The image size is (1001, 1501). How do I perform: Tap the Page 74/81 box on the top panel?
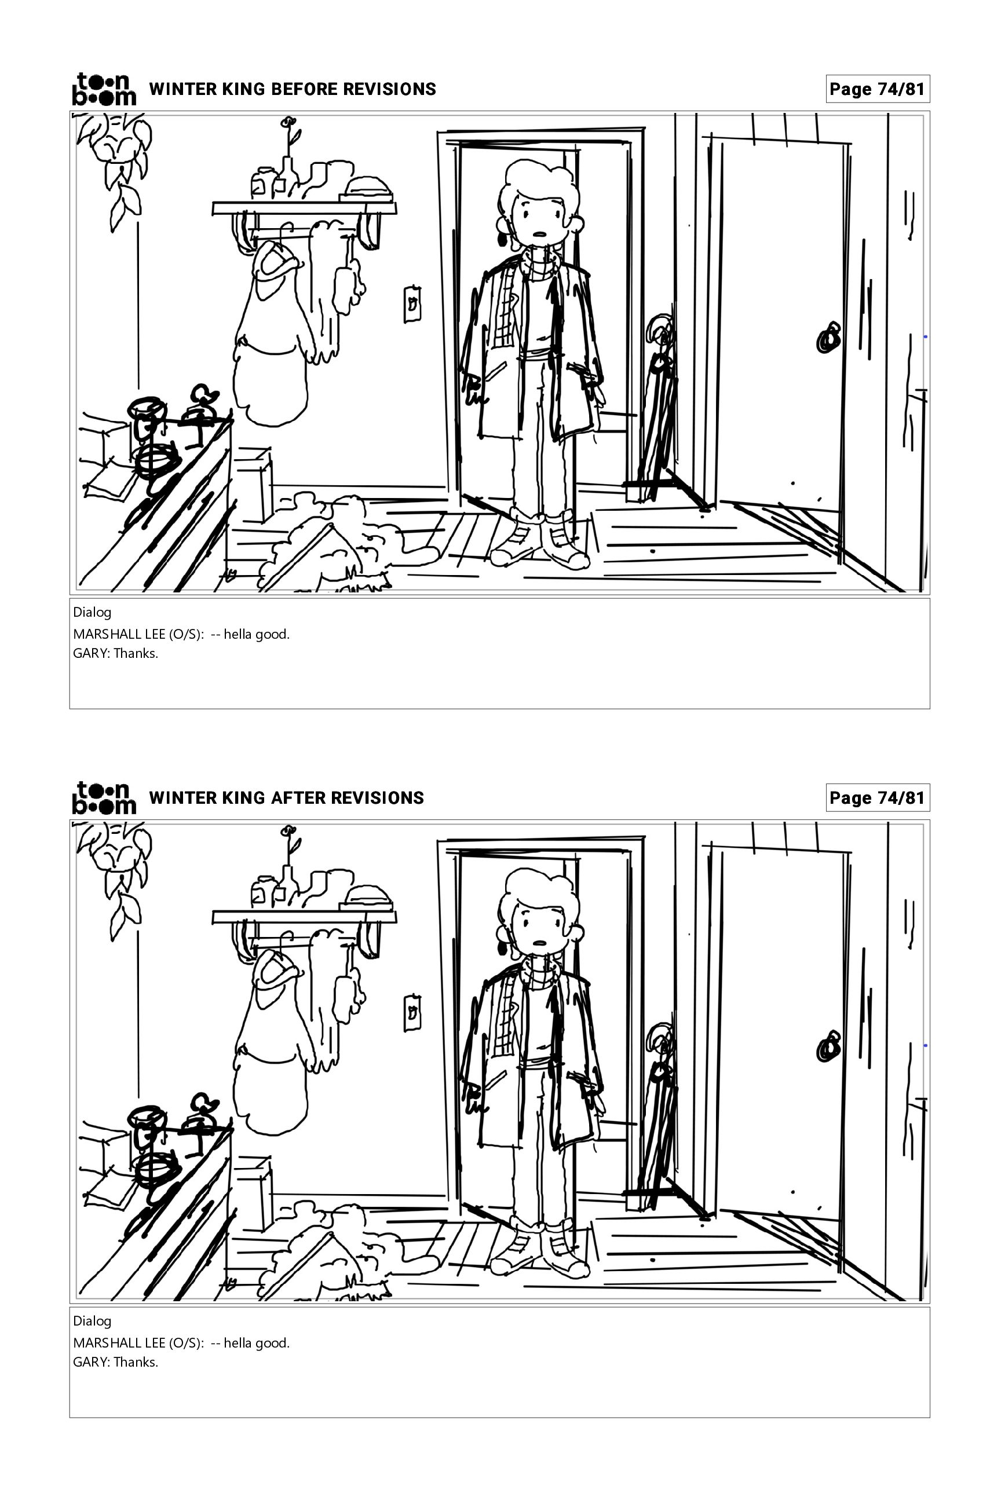(878, 89)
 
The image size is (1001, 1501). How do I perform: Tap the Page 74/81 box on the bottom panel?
(878, 798)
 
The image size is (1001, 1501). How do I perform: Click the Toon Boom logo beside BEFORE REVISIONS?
(104, 89)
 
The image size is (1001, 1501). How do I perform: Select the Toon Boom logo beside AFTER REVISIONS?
(104, 798)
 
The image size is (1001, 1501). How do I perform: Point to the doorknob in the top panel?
(828, 338)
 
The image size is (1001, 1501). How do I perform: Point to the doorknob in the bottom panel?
(828, 1047)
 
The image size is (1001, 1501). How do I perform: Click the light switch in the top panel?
(412, 304)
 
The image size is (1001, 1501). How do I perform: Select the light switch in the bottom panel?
(412, 1013)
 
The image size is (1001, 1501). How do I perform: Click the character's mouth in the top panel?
(540, 233)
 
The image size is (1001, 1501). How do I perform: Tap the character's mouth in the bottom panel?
(540, 943)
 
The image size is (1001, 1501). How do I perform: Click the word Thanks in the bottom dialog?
(136, 1363)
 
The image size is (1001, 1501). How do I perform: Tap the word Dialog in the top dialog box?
(92, 613)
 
